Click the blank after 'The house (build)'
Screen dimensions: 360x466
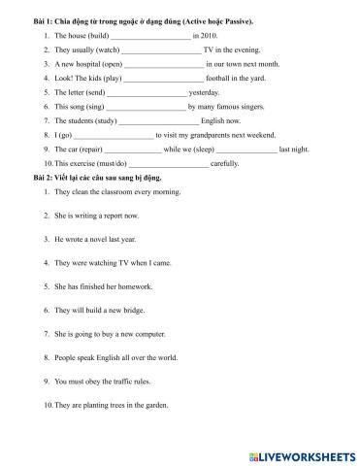click(150, 34)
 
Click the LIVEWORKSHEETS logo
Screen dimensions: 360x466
click(304, 454)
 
